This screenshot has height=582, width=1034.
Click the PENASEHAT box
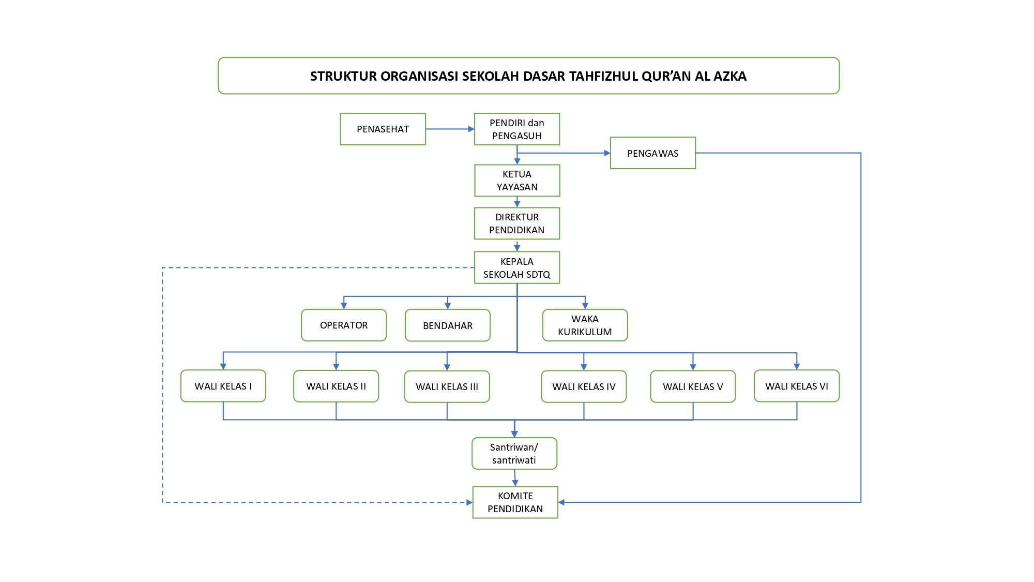click(383, 129)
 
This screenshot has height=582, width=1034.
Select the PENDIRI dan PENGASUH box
click(517, 129)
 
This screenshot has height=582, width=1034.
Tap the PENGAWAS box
click(653, 153)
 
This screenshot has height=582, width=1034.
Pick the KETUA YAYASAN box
click(517, 181)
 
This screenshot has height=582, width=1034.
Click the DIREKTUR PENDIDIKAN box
click(517, 223)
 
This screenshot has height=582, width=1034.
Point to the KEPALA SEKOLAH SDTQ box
click(517, 267)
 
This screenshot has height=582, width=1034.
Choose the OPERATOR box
click(344, 325)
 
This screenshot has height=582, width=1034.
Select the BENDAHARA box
click(448, 325)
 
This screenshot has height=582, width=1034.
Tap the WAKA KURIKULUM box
click(585, 325)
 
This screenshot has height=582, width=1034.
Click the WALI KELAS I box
click(223, 386)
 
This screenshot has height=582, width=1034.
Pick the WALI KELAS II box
click(336, 386)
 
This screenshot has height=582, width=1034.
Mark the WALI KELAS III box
click(447, 386)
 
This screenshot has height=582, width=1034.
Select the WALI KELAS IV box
click(584, 386)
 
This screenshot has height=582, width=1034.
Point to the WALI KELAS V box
click(693, 386)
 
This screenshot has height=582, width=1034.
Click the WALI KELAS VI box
click(797, 386)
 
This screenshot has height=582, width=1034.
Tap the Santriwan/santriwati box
click(514, 454)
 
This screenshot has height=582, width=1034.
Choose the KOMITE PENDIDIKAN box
click(515, 502)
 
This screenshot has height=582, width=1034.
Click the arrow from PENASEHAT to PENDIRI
click(450, 129)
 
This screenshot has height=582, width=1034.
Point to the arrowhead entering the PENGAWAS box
click(607, 153)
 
